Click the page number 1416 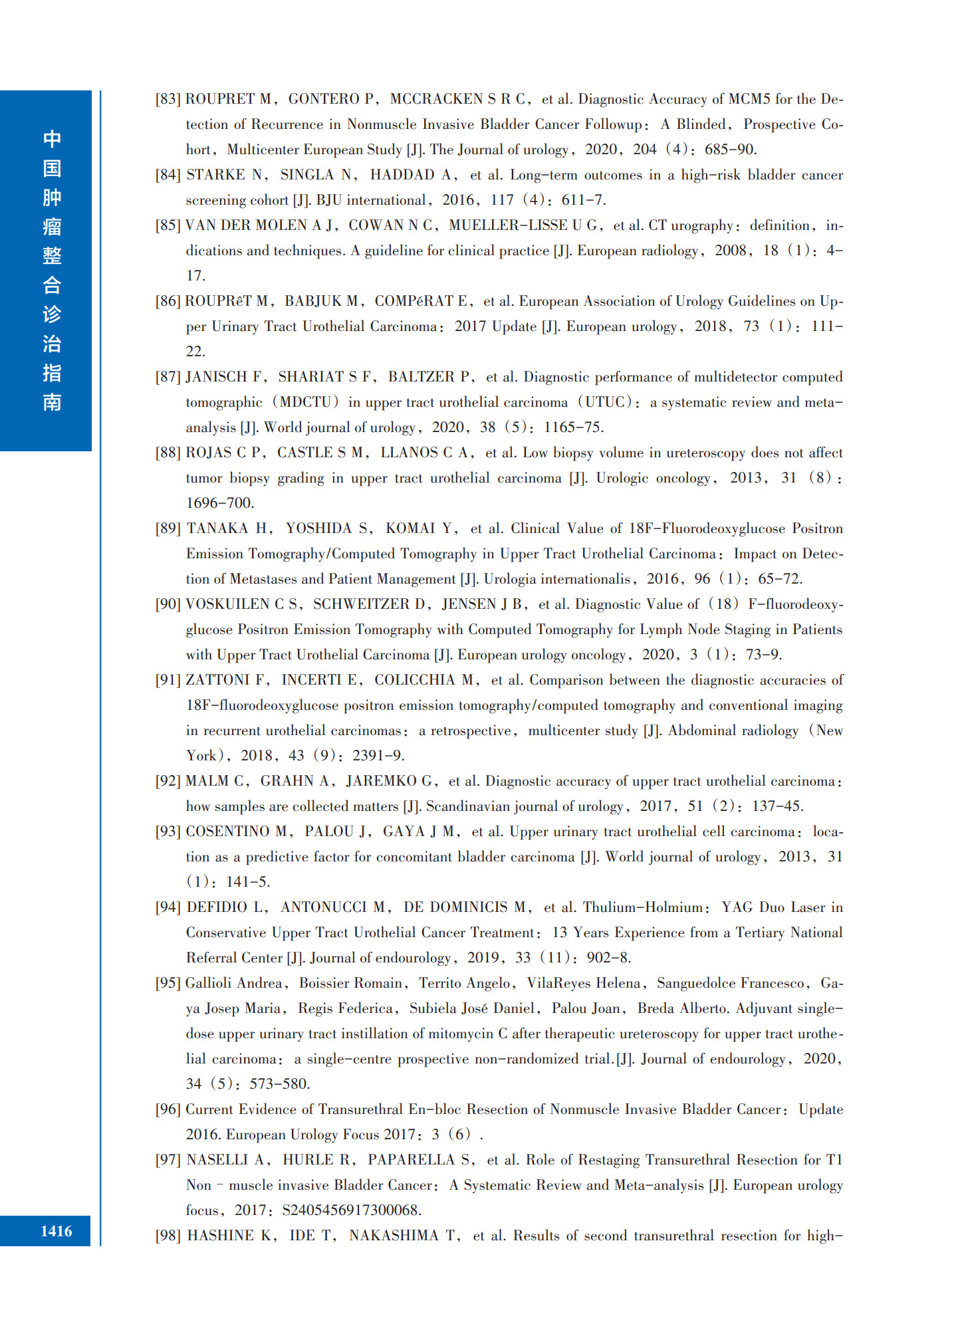coord(57,1231)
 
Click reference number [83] coord(168,99)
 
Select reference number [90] coord(168,604)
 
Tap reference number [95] coord(168,983)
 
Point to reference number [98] coord(168,1236)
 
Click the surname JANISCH coord(217,377)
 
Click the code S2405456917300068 coord(351,1210)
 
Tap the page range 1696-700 coord(219,503)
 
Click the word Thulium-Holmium coord(642,907)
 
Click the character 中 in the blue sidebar coord(52,139)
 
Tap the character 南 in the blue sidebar coord(52,402)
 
